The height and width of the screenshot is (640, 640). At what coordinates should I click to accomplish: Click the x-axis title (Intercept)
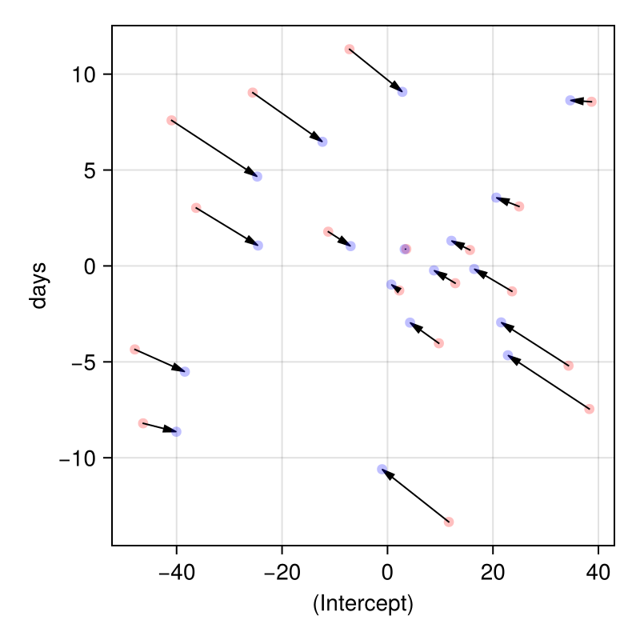[x=362, y=603]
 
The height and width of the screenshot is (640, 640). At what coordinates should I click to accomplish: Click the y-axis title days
[x=38, y=285]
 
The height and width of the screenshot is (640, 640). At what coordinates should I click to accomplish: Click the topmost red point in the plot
[x=350, y=50]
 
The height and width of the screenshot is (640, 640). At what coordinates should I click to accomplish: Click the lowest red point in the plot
[x=449, y=522]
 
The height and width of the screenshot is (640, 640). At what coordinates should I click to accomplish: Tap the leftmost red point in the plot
[x=134, y=350]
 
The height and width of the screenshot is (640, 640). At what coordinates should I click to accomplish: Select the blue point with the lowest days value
[x=382, y=469]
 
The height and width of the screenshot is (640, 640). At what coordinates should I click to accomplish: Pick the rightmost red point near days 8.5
[x=591, y=102]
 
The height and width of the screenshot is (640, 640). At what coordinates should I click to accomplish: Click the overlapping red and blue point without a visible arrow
[x=406, y=249]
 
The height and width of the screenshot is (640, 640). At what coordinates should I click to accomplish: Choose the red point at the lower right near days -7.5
[x=590, y=409]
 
